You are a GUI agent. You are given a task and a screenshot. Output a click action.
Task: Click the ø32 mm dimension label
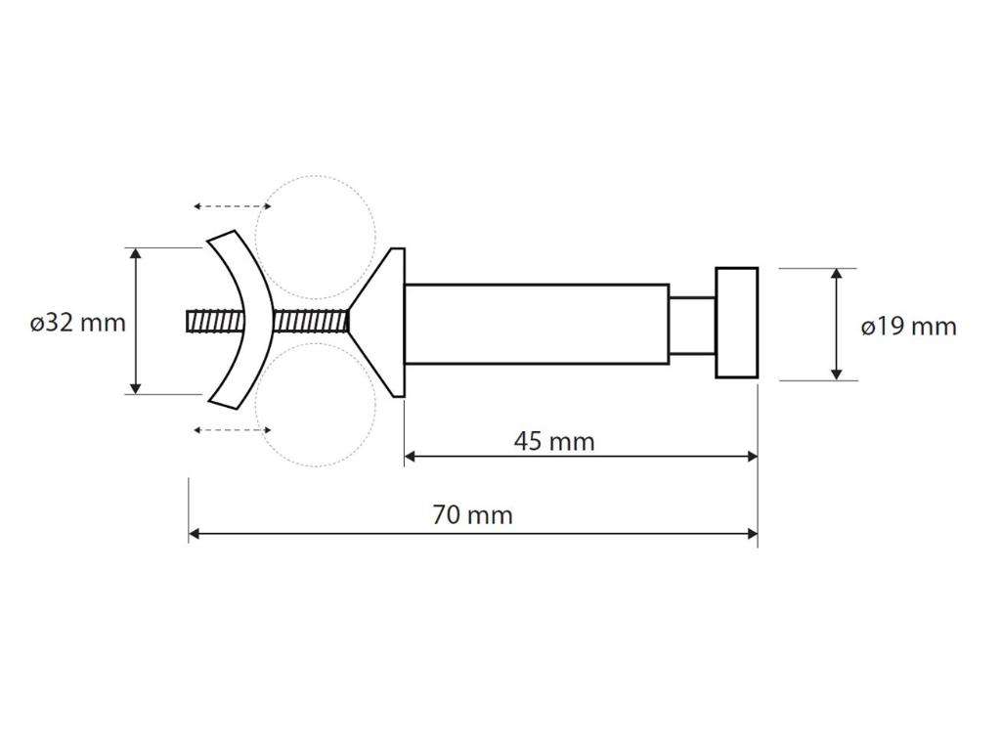[x=77, y=323]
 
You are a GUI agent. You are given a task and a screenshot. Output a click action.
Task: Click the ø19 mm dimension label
[x=908, y=327]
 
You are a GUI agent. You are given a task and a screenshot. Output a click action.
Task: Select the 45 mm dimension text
[x=554, y=441]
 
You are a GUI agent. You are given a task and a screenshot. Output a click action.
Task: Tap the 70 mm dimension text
[x=472, y=514]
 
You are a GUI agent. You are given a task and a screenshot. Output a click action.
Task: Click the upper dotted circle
[x=316, y=238]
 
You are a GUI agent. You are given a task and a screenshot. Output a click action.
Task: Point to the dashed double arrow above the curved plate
[x=233, y=206]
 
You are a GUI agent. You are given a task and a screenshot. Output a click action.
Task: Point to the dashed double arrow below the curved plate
[x=233, y=430]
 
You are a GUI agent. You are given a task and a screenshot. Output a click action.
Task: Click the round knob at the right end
[x=737, y=323]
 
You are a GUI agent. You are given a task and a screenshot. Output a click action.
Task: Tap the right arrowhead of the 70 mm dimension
[x=752, y=534]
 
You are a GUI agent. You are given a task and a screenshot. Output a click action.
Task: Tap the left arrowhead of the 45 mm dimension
[x=412, y=456]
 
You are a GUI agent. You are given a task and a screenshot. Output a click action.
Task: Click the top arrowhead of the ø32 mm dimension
[x=136, y=254]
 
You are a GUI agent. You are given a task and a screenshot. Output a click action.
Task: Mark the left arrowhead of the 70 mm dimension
[x=196, y=534]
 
